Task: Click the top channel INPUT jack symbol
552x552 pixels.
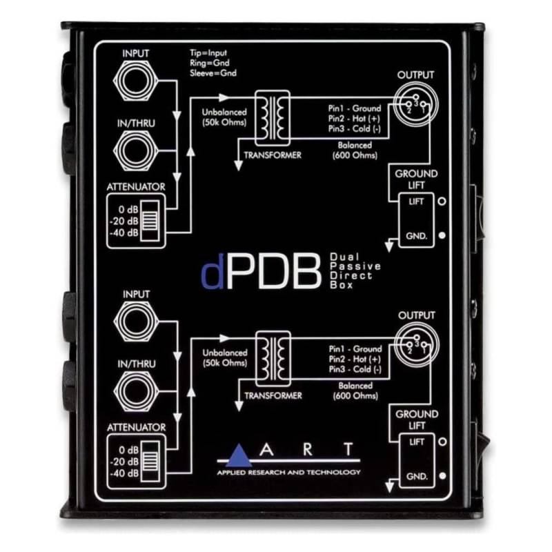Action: pyautogui.click(x=135, y=81)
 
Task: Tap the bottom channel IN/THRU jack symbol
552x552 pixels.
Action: pyautogui.click(x=136, y=391)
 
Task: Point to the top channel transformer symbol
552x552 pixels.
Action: pyautogui.click(x=273, y=118)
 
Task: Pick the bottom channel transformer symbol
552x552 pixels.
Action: pyautogui.click(x=273, y=358)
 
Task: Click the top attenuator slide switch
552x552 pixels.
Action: pyautogui.click(x=150, y=221)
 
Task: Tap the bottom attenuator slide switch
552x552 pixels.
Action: pyautogui.click(x=150, y=461)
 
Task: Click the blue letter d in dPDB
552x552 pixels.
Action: pyautogui.click(x=213, y=273)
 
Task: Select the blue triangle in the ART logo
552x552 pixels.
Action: pyautogui.click(x=239, y=455)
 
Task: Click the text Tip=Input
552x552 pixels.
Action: pyautogui.click(x=208, y=53)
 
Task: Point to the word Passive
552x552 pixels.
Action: pyautogui.click(x=355, y=266)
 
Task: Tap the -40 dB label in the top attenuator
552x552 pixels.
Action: pyautogui.click(x=124, y=233)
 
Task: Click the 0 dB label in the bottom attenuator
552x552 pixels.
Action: pyautogui.click(x=129, y=450)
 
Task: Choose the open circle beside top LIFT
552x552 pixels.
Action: pyautogui.click(x=442, y=201)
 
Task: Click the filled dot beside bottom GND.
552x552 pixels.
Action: pyautogui.click(x=442, y=475)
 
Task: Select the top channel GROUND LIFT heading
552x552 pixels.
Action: pyautogui.click(x=417, y=179)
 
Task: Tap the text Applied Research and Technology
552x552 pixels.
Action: pyautogui.click(x=288, y=472)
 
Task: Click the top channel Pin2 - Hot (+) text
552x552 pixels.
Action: pyautogui.click(x=355, y=119)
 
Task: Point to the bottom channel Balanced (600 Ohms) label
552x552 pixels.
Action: pyautogui.click(x=355, y=391)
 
